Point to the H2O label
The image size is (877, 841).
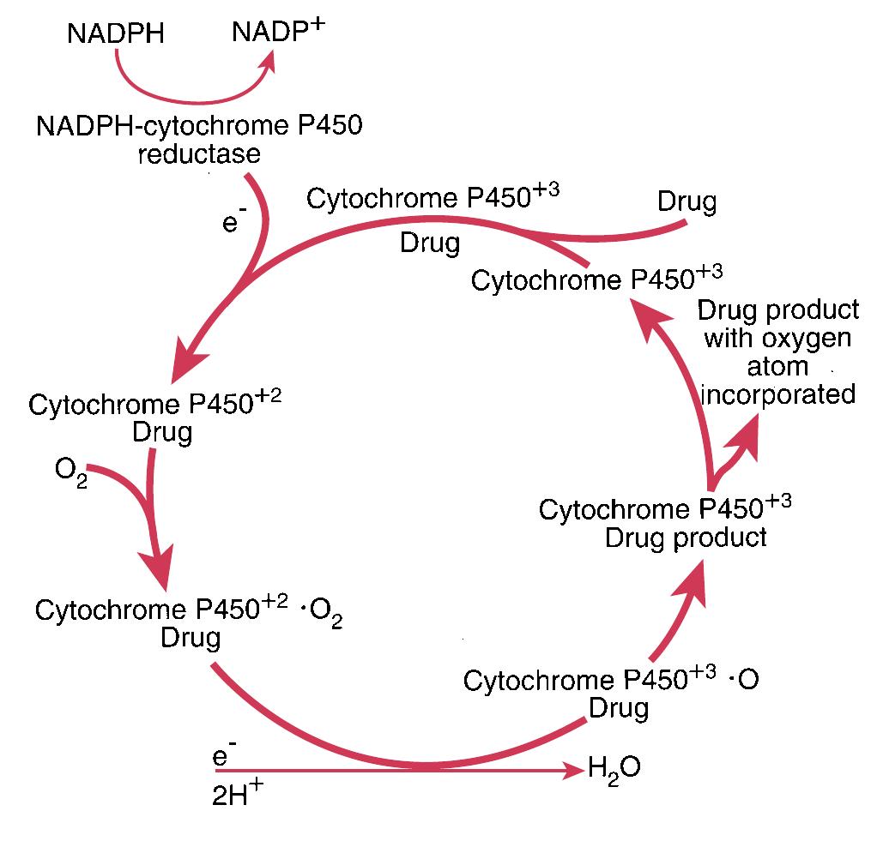click(x=614, y=766)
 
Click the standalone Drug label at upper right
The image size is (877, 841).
click(x=686, y=202)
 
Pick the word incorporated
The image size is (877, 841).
click(x=778, y=394)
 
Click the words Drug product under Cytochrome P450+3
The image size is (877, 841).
click(x=686, y=538)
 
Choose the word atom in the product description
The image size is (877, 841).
click(x=777, y=366)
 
